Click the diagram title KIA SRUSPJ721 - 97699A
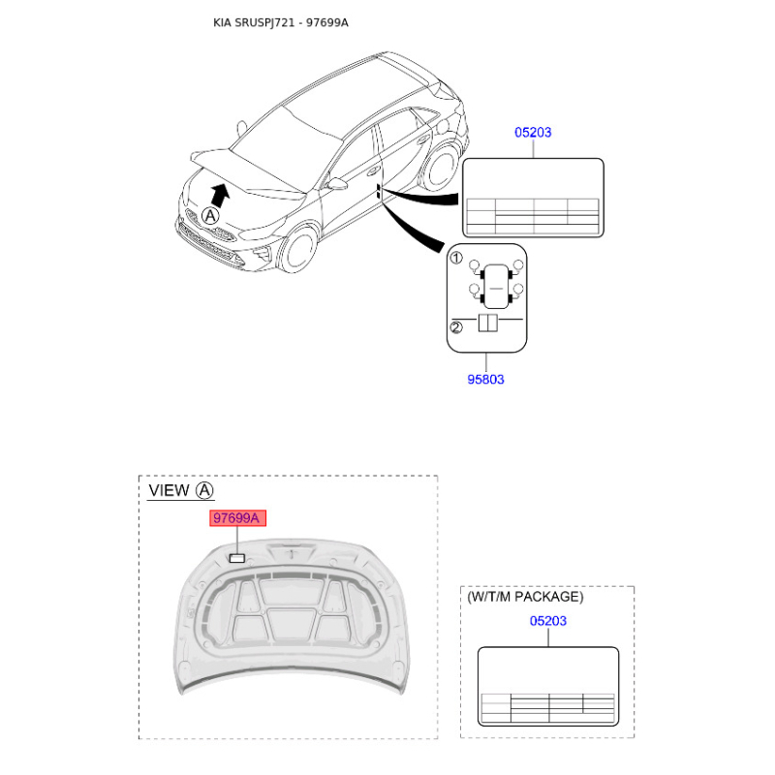point(280,22)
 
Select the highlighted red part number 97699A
point(237,518)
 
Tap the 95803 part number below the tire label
point(485,380)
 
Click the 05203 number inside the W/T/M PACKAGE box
point(547,621)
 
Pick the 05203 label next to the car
point(533,133)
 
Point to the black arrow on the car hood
point(220,195)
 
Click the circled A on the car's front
point(210,216)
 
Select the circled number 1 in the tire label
point(455,258)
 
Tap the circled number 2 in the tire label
point(455,327)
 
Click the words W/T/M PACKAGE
point(525,597)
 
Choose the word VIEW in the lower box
point(169,490)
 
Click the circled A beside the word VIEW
point(204,491)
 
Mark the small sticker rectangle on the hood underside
point(237,559)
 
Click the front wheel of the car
point(298,249)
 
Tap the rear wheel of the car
point(442,167)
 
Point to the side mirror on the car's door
point(336,184)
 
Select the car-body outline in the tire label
point(496,287)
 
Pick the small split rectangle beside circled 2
point(488,323)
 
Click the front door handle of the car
point(372,171)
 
